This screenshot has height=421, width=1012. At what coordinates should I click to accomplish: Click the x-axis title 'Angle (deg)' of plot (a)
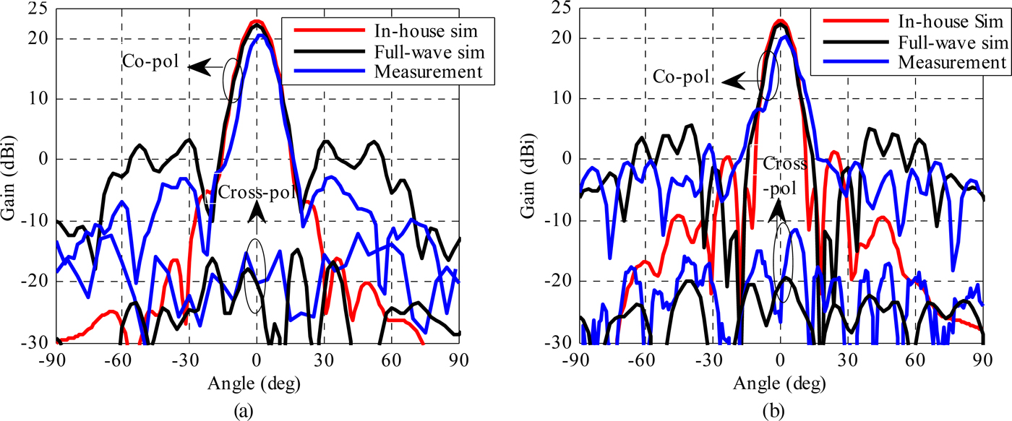click(257, 381)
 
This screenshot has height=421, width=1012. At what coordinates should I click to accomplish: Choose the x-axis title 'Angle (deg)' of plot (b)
click(779, 381)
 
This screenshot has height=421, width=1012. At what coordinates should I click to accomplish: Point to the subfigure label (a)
click(257, 408)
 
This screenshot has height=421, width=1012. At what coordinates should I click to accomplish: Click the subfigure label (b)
click(779, 408)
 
